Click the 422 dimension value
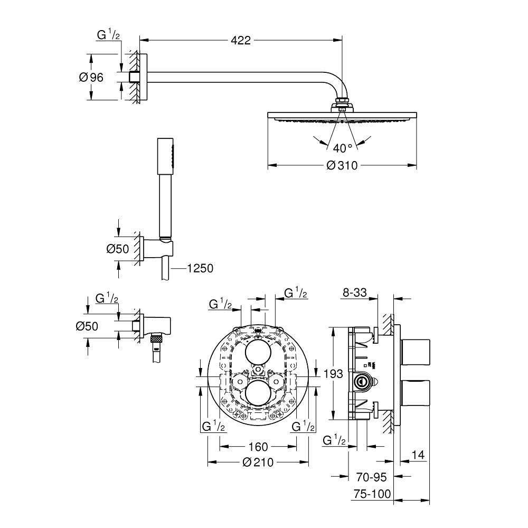click(x=240, y=40)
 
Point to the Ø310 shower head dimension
click(x=342, y=166)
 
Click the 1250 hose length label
click(x=200, y=269)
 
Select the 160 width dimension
click(x=258, y=447)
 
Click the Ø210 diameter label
click(x=258, y=463)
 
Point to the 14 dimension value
click(x=417, y=455)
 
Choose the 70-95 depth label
click(x=370, y=477)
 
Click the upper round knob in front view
click(x=258, y=350)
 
